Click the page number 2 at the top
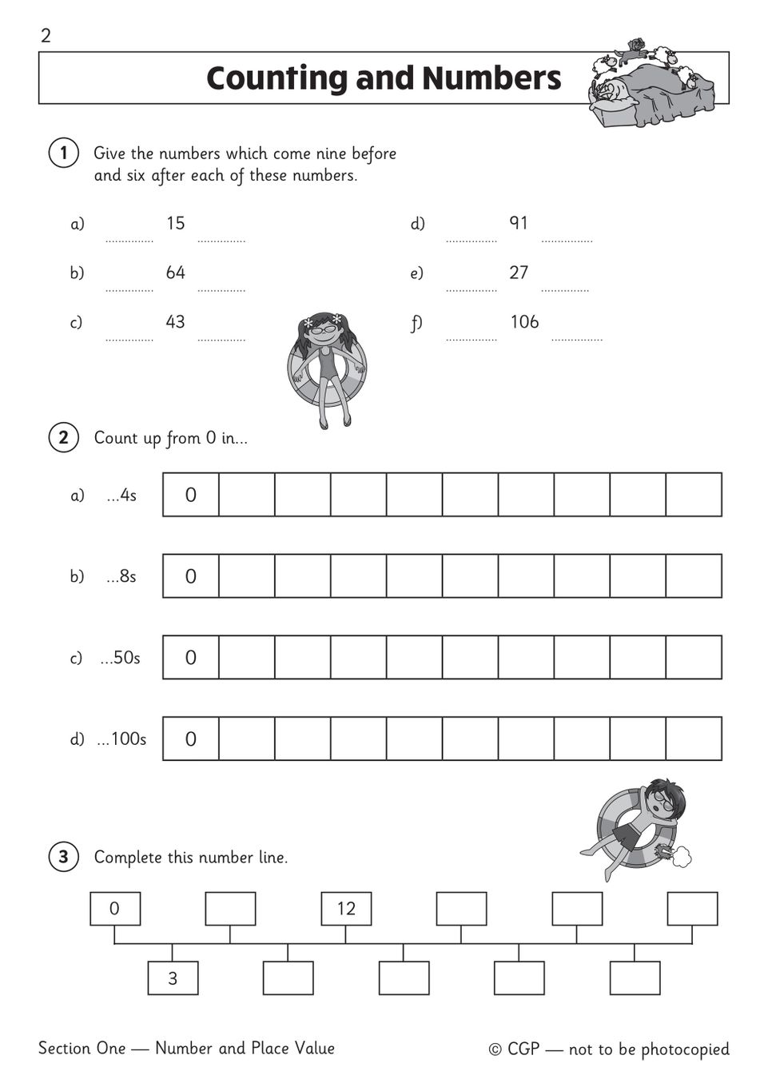pos(46,36)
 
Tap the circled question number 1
pos(63,153)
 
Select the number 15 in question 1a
pos(176,223)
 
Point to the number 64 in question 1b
pos(176,273)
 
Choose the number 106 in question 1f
pos(524,322)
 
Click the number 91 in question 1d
pos(519,223)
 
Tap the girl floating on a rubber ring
pos(326,368)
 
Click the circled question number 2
pos(63,437)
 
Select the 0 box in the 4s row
pos(191,495)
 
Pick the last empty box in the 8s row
pos(694,576)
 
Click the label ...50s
pos(120,658)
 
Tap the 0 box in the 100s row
pos(191,739)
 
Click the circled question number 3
pos(63,858)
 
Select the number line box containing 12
pos(346,909)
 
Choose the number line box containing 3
pos(173,978)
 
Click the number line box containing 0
pos(115,909)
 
